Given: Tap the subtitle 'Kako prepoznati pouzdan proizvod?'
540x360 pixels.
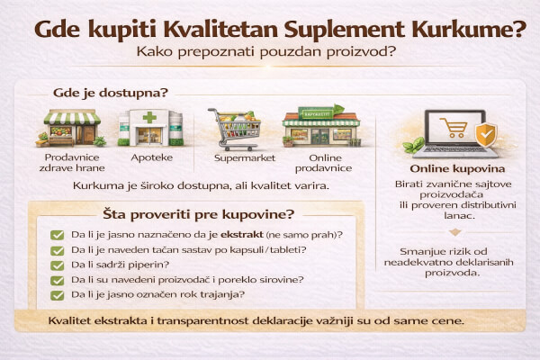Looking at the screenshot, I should [x=269, y=52].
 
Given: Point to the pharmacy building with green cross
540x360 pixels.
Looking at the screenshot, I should [x=148, y=128].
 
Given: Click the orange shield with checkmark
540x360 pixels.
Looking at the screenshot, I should [x=485, y=135].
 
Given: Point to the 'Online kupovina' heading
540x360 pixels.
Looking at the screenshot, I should [x=456, y=168].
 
